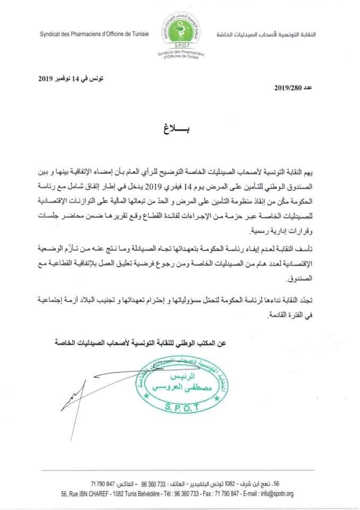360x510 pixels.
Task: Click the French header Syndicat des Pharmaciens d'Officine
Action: tap(94, 34)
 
